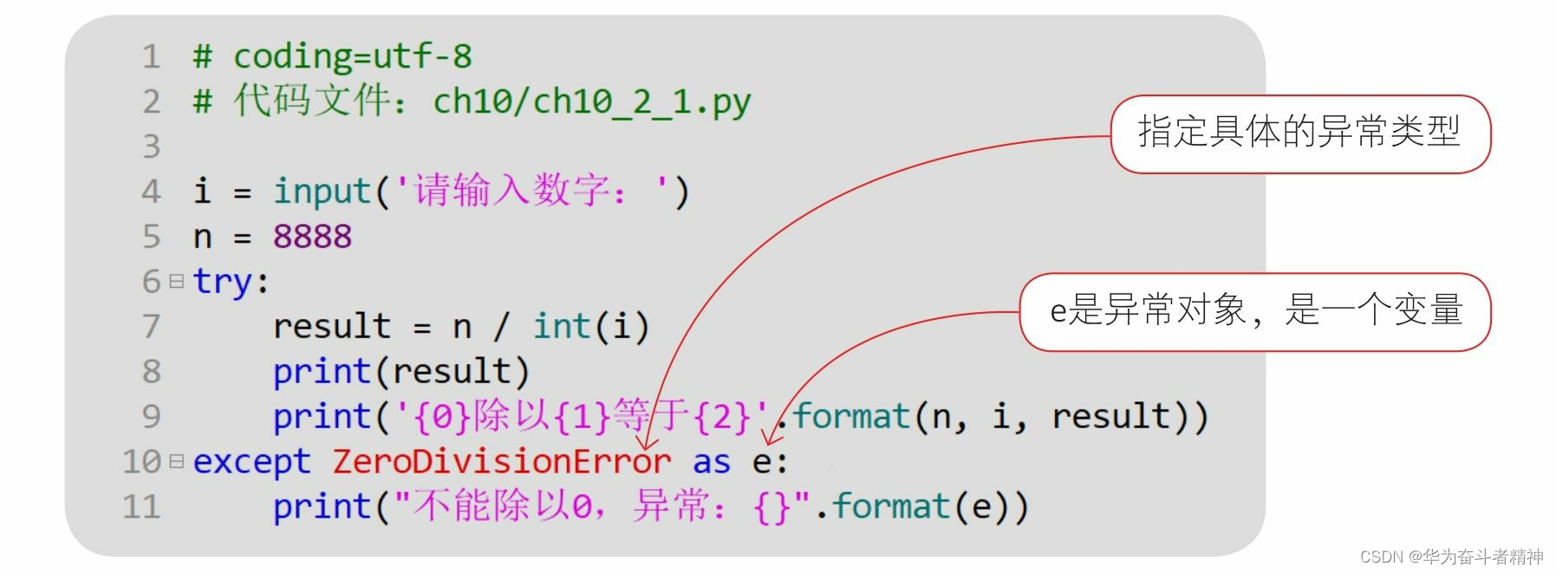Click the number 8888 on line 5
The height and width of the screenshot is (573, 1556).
[x=312, y=237]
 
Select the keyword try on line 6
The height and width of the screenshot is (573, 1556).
[x=222, y=282]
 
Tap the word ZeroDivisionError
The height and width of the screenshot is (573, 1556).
[x=501, y=462]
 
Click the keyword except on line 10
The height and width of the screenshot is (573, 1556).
[x=251, y=462]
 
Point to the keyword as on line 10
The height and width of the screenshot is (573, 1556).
[x=711, y=462]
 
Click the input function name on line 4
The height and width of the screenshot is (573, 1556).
[x=322, y=192]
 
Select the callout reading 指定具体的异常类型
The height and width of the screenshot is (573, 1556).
[x=1299, y=133]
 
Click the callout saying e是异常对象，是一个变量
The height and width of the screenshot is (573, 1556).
[x=1255, y=311]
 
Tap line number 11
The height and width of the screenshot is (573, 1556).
[x=141, y=507]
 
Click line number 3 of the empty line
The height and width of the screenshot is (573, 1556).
[x=152, y=147]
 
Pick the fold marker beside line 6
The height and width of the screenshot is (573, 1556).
[x=177, y=282]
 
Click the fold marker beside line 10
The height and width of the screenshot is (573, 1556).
[x=177, y=461]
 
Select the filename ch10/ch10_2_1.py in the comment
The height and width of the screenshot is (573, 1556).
[x=591, y=102]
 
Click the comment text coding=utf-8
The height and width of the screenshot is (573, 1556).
[x=352, y=57]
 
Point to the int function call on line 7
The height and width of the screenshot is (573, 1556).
[x=561, y=327]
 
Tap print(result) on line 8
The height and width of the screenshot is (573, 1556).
[x=400, y=372]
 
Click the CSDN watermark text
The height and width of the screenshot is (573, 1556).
[x=1451, y=557]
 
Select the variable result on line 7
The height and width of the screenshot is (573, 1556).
[x=331, y=327]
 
